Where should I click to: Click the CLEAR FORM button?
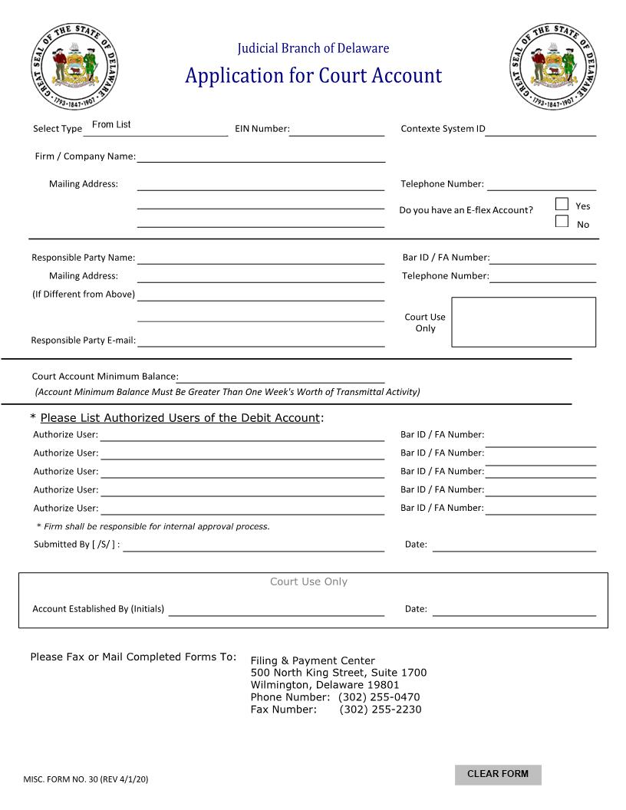(x=498, y=774)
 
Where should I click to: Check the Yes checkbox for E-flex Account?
(x=562, y=204)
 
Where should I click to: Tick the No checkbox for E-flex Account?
(x=562, y=222)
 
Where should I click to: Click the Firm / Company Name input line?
(x=261, y=156)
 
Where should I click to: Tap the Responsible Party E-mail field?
(x=261, y=340)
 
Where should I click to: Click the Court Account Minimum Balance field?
(x=281, y=376)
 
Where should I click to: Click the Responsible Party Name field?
(x=261, y=257)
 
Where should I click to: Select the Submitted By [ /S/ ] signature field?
(x=253, y=545)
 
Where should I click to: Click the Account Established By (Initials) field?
(x=276, y=609)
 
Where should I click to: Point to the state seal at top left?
(x=75, y=67)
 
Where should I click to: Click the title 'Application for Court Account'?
(x=313, y=76)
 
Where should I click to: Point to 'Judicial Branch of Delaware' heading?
(x=313, y=48)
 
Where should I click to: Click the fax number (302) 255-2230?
(x=381, y=710)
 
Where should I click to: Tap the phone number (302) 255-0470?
(x=379, y=697)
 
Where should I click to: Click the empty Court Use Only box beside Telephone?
(x=523, y=322)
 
